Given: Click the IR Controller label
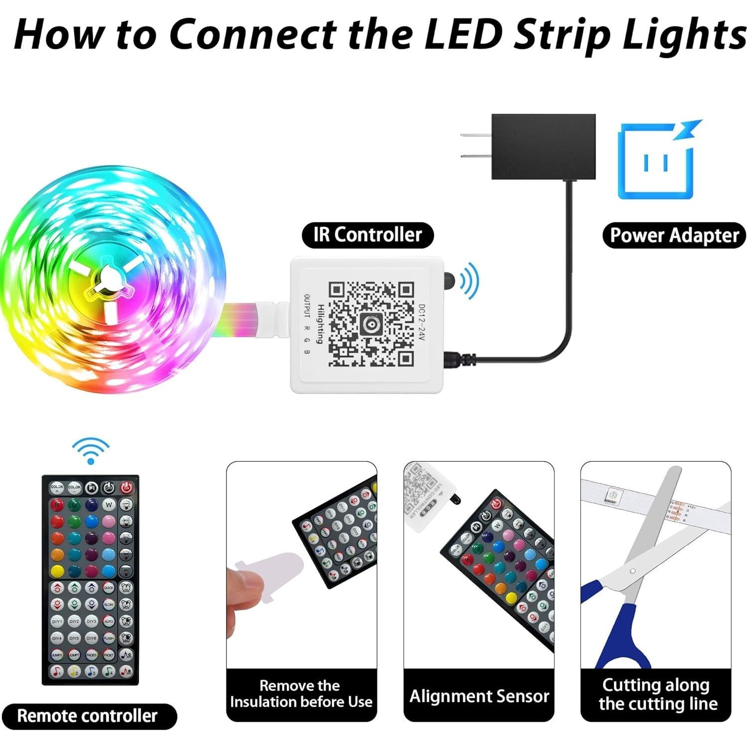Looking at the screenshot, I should pyautogui.click(x=368, y=235).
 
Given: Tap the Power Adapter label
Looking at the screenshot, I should pyautogui.click(x=674, y=235).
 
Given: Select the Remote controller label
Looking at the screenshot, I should pyautogui.click(x=88, y=716).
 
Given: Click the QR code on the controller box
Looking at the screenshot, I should pyautogui.click(x=371, y=324).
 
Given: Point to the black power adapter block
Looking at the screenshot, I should pyautogui.click(x=543, y=147).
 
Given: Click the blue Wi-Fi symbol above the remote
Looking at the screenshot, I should pyautogui.click(x=90, y=450).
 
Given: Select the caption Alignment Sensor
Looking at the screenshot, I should pyautogui.click(x=479, y=696).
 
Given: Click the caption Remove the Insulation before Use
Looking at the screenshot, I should pyautogui.click(x=301, y=694).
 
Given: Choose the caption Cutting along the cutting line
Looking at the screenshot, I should pyautogui.click(x=656, y=694).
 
